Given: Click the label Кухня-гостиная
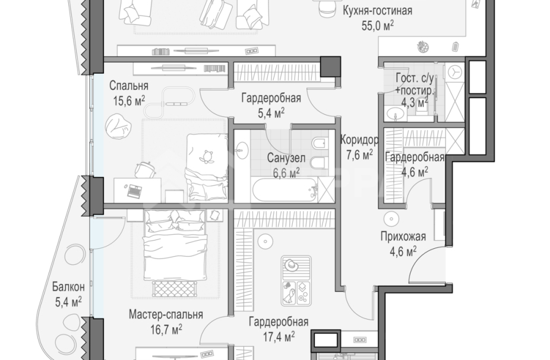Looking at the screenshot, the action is (x=377, y=11).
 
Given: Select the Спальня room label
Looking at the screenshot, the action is (x=129, y=86).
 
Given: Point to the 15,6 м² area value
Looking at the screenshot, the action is (x=129, y=101).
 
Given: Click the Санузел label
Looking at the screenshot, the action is (x=286, y=158).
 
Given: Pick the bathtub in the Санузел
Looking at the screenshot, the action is (x=285, y=190).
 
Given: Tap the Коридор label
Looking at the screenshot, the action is (x=359, y=140).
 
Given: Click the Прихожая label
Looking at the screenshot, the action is (x=403, y=236).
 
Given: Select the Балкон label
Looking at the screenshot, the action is (x=68, y=287).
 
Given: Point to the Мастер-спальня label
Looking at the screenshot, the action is (x=166, y=314).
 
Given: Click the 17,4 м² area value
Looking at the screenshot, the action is (x=279, y=337).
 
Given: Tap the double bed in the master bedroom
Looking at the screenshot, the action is (x=175, y=245).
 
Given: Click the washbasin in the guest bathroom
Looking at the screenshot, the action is (x=396, y=113).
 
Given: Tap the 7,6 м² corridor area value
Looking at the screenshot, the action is (x=359, y=154).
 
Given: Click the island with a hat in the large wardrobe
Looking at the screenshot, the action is (x=296, y=281).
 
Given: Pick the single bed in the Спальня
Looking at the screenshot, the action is (x=207, y=168).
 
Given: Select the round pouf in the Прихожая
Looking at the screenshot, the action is (x=391, y=219).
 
